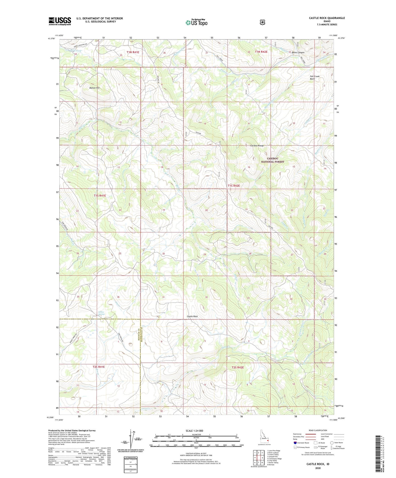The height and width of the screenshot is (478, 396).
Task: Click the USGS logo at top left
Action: click(x=60, y=21)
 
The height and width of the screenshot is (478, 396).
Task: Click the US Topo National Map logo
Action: click(x=196, y=22)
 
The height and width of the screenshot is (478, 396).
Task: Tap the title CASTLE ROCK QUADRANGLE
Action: click(x=327, y=18)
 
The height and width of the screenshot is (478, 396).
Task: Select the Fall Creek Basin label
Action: click(x=314, y=78)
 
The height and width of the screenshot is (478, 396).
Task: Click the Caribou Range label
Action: click(x=257, y=146)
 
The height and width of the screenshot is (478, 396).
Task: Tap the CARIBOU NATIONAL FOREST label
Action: click(x=272, y=160)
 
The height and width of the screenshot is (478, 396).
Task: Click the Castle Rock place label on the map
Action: click(x=192, y=316)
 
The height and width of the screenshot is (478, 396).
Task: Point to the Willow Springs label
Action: click(x=102, y=313)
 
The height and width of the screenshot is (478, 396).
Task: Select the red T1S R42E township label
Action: click(x=234, y=186)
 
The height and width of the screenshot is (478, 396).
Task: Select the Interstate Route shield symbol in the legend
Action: click(x=295, y=443)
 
